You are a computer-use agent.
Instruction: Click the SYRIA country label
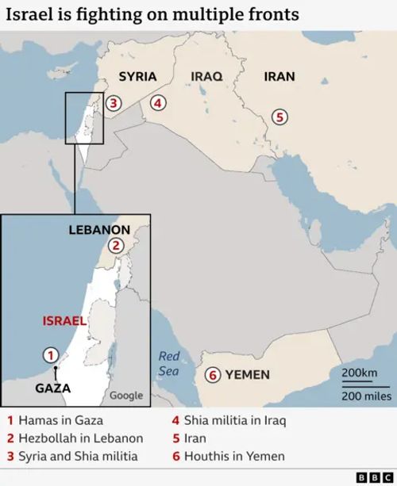tap(137, 77)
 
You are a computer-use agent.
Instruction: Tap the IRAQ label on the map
tap(206, 77)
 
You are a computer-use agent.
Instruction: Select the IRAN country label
tap(279, 77)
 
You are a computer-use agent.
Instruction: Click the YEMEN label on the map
tap(248, 375)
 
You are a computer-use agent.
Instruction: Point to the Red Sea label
tap(169, 364)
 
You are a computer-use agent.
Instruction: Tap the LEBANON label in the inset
tap(99, 229)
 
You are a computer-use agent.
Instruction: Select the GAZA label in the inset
tap(53, 388)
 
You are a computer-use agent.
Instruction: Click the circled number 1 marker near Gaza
tap(50, 355)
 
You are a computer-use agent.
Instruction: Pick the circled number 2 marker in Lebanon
tap(116, 245)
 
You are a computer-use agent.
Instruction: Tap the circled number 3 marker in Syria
tap(114, 102)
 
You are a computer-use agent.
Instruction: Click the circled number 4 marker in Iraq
tap(158, 102)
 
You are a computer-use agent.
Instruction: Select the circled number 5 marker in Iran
tap(279, 117)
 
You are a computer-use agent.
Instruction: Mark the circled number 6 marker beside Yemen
tap(212, 375)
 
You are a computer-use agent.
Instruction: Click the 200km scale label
tap(359, 373)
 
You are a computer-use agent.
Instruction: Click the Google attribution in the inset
tap(126, 395)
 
